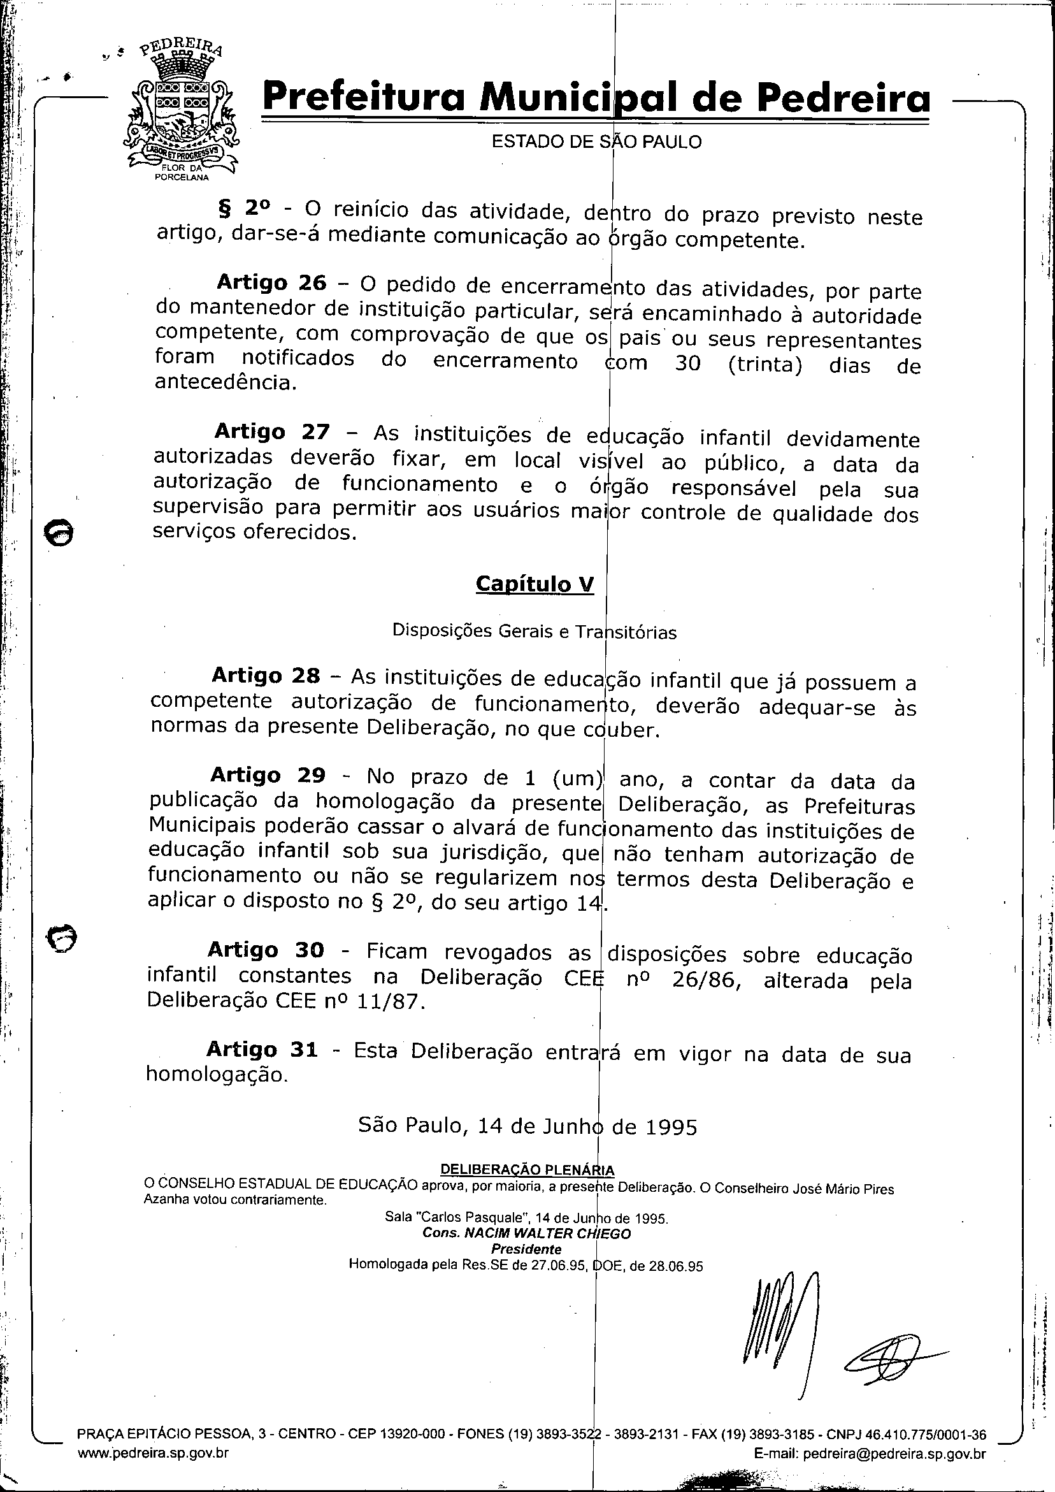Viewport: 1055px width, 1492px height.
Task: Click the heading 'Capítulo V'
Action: (x=534, y=583)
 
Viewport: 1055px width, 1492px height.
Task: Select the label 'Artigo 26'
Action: (x=271, y=282)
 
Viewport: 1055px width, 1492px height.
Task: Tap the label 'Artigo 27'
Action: (x=271, y=431)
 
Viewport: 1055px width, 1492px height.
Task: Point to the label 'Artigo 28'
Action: (x=266, y=676)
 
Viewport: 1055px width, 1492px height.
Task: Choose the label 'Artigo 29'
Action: (x=267, y=775)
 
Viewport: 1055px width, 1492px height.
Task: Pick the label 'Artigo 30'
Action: (x=265, y=950)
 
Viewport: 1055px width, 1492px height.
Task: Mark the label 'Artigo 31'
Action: (x=262, y=1050)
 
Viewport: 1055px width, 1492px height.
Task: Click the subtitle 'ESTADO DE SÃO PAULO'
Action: (x=596, y=141)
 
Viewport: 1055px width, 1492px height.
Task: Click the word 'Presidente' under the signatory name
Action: (x=526, y=1249)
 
